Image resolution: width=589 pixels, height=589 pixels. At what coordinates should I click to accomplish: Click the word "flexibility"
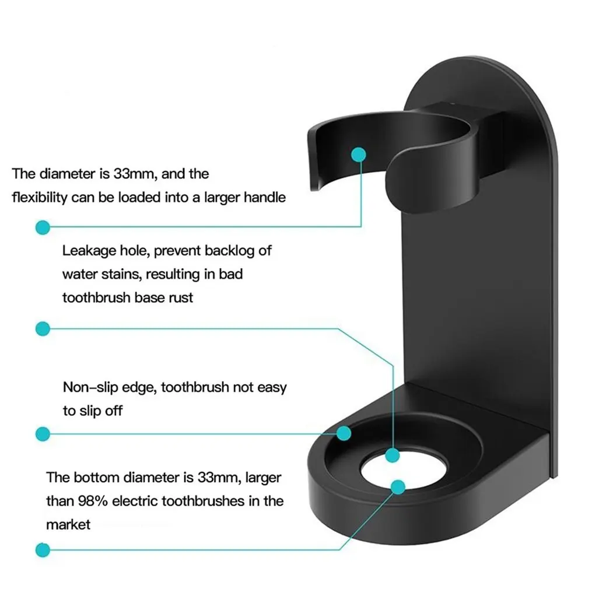coord(39,198)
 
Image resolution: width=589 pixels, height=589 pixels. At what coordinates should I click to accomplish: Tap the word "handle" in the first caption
coord(265,198)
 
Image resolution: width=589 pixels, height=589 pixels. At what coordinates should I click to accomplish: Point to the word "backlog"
coord(234,251)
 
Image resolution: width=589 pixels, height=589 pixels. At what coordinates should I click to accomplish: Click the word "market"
coord(68,524)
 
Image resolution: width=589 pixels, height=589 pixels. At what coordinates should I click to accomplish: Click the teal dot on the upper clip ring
coord(359,155)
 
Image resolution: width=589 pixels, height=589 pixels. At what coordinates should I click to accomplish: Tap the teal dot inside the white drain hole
coord(398,486)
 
